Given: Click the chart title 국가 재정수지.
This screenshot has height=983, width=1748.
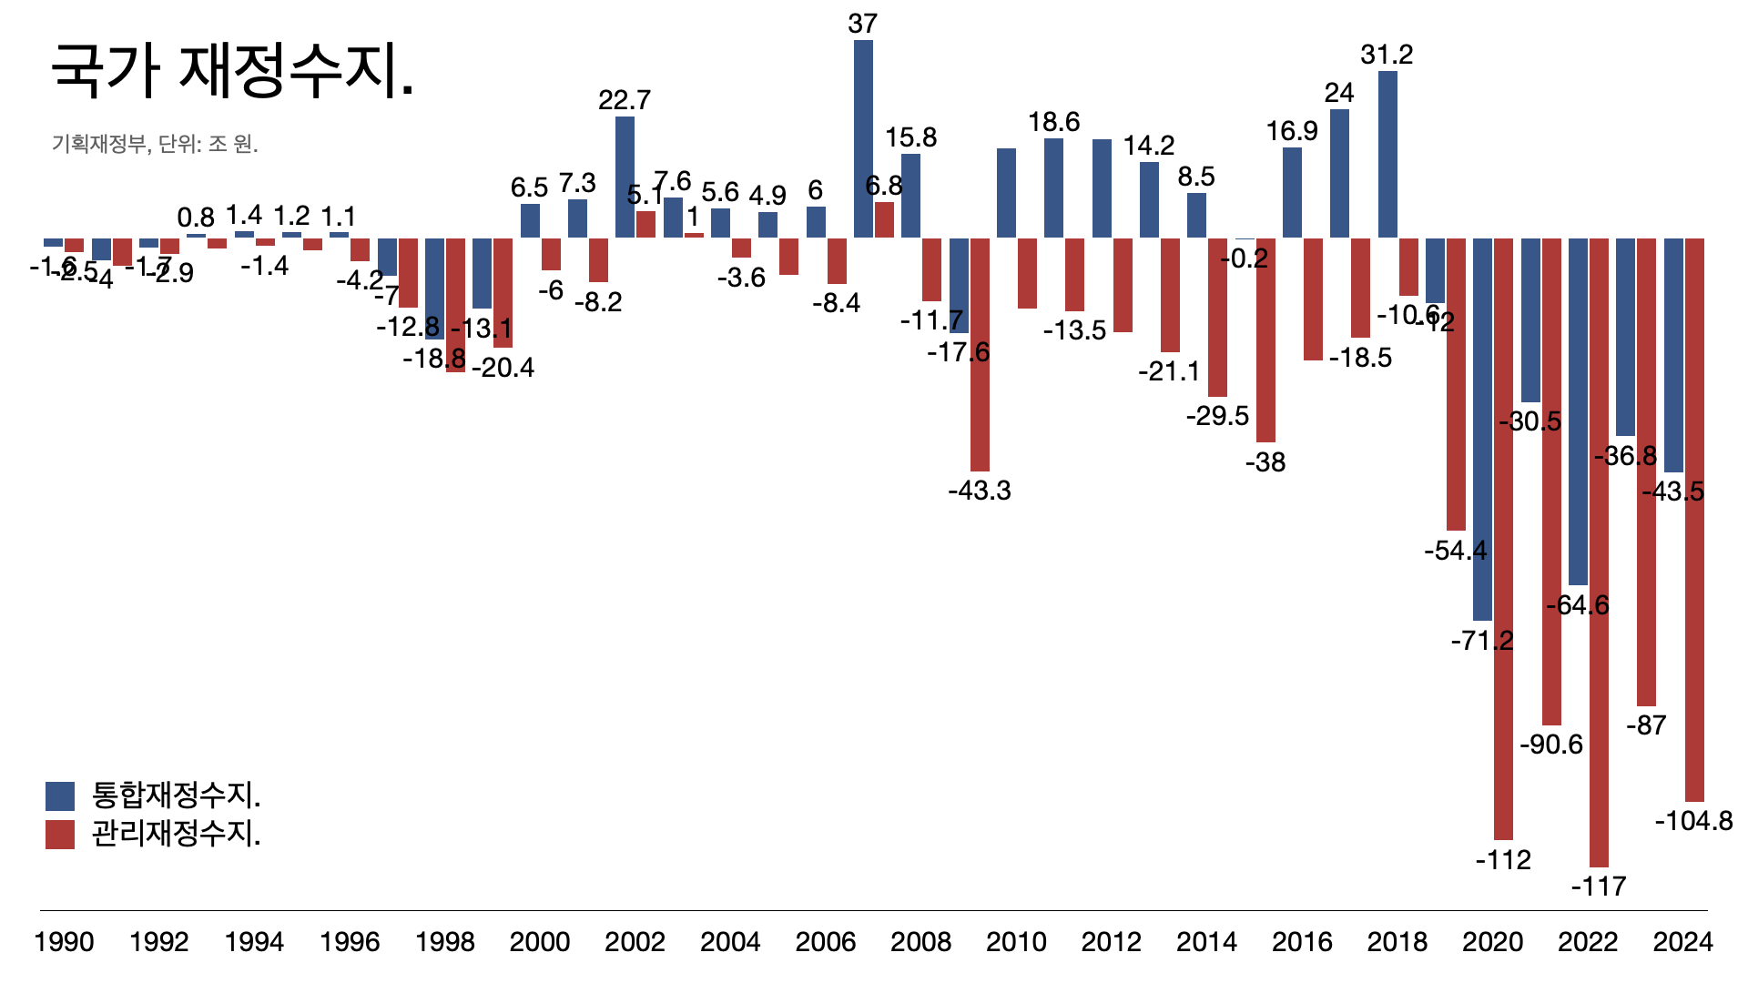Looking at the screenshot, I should pos(232,71).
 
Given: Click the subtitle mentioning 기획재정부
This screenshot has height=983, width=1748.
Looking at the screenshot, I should pos(155,144).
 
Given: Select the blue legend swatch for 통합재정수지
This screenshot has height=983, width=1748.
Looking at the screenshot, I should pos(60,796).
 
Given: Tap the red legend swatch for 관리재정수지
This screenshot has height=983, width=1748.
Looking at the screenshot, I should pos(60,834).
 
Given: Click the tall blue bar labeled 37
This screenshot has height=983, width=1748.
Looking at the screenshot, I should pos(863,138).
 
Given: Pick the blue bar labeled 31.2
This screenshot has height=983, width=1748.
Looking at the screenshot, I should pos(1387,155).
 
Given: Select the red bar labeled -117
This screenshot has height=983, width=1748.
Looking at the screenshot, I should pos(1599,552).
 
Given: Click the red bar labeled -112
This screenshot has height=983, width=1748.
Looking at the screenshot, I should pos(1503,539).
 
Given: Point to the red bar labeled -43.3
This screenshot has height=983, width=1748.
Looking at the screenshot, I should pos(980,355).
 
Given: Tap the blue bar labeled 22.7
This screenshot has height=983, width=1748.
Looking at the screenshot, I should pos(625,177).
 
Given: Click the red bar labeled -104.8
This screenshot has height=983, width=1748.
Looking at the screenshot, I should pos(1694,519).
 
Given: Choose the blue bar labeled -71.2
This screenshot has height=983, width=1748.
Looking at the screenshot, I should pos(1482,430).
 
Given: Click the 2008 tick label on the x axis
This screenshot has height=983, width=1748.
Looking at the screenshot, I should pos(920,941).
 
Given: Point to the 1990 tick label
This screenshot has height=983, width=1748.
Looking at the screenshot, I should pos(64,941).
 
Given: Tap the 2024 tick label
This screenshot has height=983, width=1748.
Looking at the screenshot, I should pos(1682,941).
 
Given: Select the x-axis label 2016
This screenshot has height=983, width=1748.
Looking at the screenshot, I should pos(1302,941).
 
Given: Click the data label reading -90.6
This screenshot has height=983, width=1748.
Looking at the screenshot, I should pos(1551,745).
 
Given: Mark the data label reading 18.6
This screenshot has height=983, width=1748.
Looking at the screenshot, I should pos(1053,122).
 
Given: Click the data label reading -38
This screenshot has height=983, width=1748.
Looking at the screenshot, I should pos(1265,462).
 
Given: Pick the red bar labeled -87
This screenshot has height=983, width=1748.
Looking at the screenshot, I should pos(1646,471).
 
